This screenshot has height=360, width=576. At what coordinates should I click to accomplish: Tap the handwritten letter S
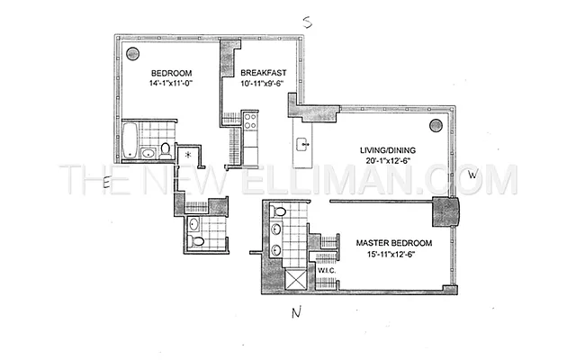[307, 22]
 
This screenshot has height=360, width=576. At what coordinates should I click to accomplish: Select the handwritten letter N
[296, 313]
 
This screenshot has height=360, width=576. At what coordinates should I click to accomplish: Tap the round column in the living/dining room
[436, 125]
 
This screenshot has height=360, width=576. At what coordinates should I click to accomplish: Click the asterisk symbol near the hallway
[187, 155]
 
